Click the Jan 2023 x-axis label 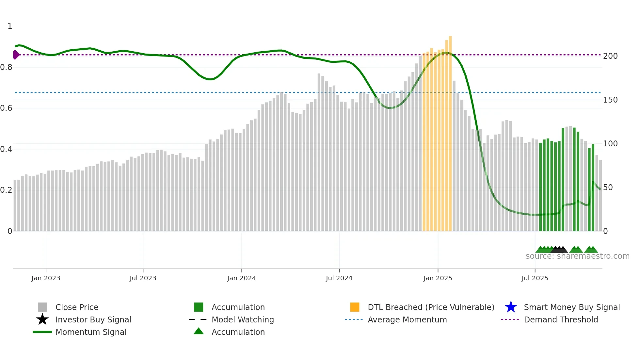coord(46,278)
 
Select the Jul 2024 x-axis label coord(339,278)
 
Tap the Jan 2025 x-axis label coord(438,278)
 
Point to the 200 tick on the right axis coord(610,56)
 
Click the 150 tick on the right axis coord(610,100)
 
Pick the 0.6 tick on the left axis coord(6,108)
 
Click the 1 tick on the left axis coord(10,26)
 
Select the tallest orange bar coord(450,131)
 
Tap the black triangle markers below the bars coord(559,250)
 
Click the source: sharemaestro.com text coord(577,256)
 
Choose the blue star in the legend coord(511,307)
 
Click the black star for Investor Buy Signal coord(42,319)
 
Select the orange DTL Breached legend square coord(355,307)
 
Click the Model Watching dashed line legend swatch coord(198,319)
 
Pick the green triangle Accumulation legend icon coord(199,332)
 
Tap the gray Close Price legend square coord(42,307)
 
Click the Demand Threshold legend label coord(561,319)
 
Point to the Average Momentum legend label coord(407,319)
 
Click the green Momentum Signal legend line coord(42,332)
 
